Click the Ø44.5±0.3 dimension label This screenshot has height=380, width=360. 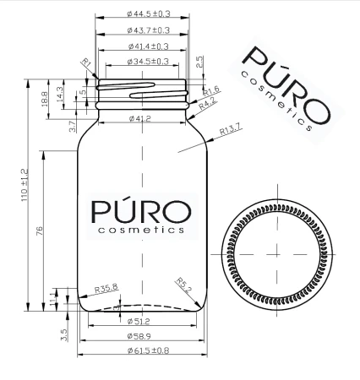click(x=148, y=14)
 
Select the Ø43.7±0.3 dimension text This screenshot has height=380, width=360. click(x=148, y=30)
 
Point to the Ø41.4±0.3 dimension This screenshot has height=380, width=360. click(x=148, y=46)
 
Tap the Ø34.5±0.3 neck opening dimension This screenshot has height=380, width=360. click(x=148, y=62)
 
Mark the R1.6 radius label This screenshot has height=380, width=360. click(x=211, y=90)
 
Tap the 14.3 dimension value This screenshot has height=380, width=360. click(x=60, y=91)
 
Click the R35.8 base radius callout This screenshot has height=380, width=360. click(x=106, y=289)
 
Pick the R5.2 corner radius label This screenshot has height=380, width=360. click(x=184, y=285)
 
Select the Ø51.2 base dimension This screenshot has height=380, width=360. click(x=138, y=322)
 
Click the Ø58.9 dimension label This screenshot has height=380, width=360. click(x=139, y=336)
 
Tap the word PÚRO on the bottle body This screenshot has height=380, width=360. click(x=138, y=209)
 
